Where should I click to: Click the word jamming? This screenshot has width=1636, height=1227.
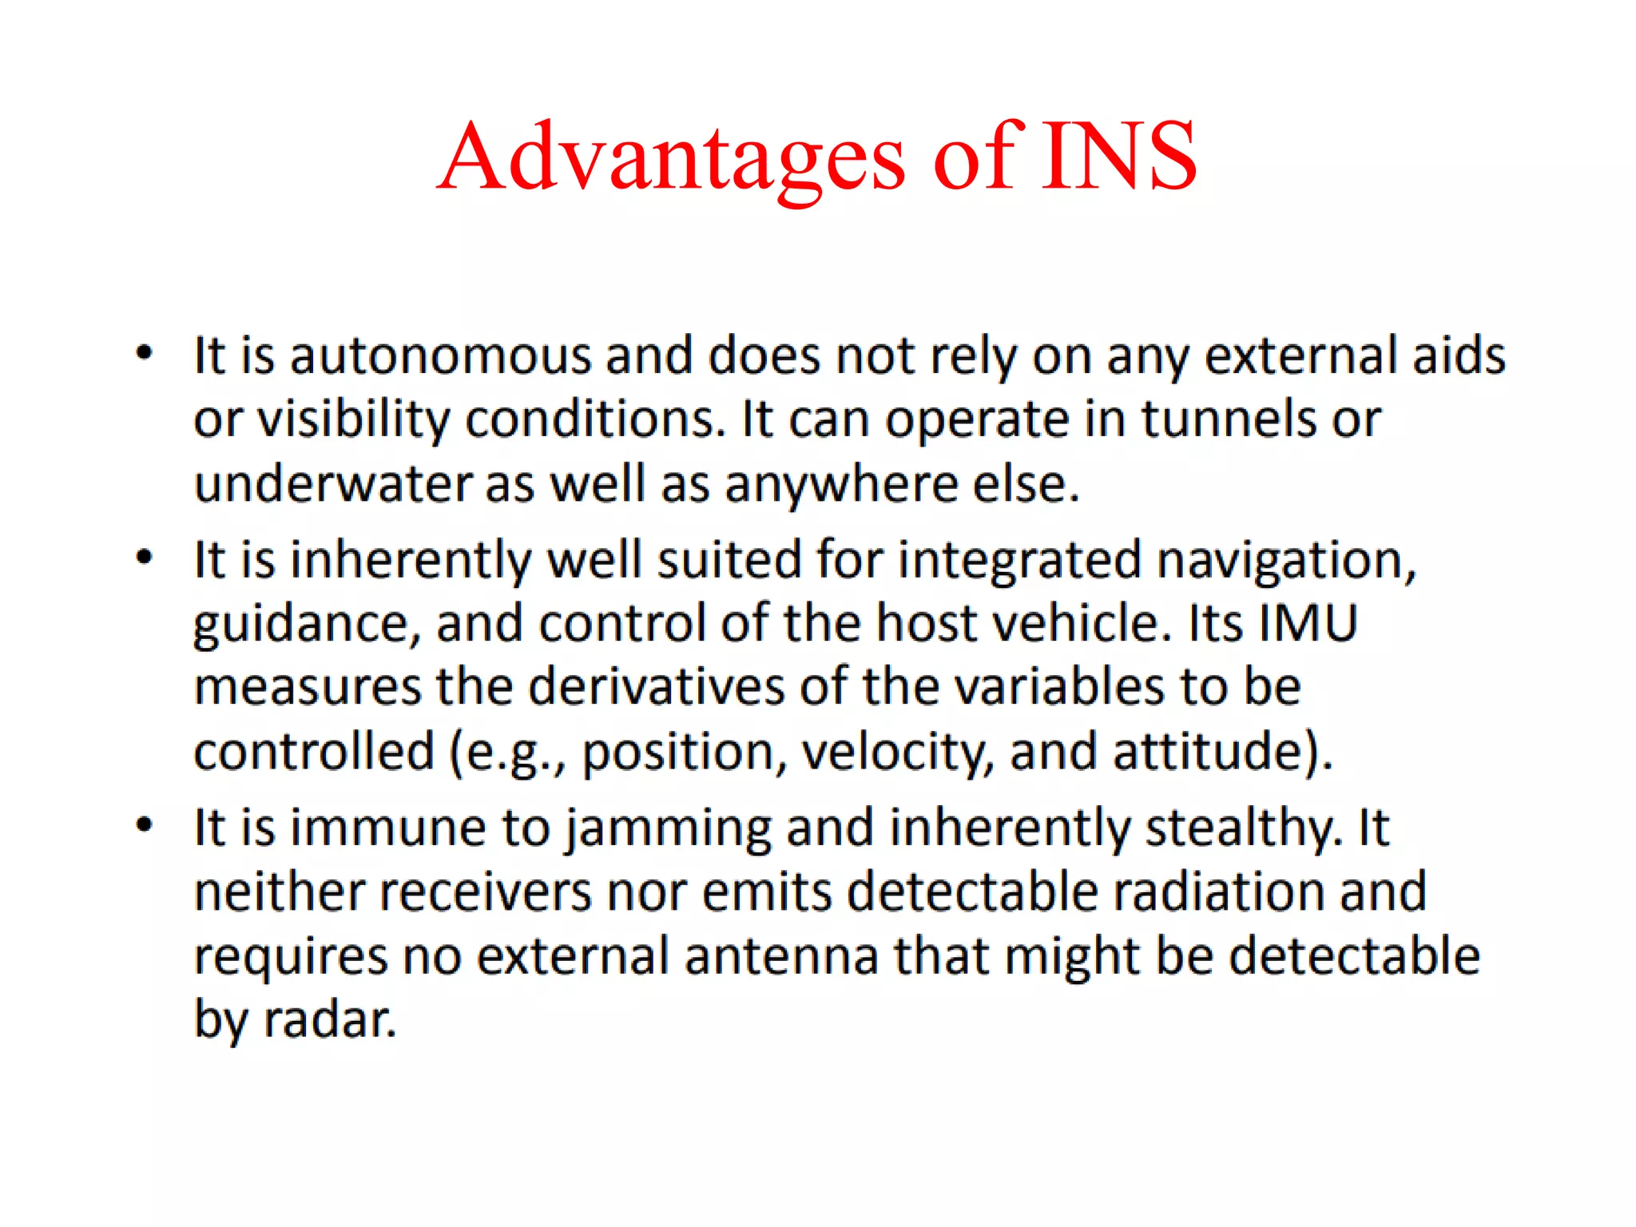pos(669,828)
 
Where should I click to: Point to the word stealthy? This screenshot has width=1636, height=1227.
pos(1244,828)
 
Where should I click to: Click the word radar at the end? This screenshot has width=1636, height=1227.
pos(329,1020)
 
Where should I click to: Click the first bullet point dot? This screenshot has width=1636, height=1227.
pos(144,353)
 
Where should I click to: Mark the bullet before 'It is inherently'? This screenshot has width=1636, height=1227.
pos(144,558)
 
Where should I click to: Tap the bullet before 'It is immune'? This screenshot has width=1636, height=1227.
pos(144,825)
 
